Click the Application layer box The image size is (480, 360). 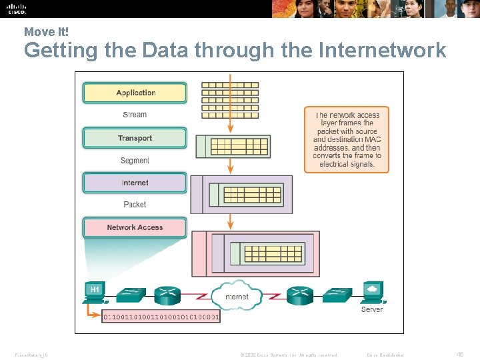(x=135, y=93)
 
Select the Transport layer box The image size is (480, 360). (x=135, y=138)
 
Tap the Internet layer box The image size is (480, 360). (x=135, y=183)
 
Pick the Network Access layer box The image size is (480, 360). (x=135, y=227)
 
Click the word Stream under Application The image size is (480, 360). (x=135, y=115)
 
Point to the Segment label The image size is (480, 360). (x=135, y=160)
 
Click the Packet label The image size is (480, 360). (x=135, y=205)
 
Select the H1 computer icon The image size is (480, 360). (x=95, y=291)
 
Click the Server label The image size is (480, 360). (x=372, y=309)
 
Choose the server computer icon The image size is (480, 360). (x=372, y=291)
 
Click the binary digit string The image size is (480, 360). (x=161, y=317)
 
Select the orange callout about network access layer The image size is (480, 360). (x=347, y=139)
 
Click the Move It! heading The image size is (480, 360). (x=46, y=31)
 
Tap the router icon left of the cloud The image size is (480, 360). (x=167, y=295)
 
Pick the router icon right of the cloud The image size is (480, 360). (x=300, y=295)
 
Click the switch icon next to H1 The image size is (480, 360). (x=129, y=294)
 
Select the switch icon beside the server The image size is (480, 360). (x=337, y=294)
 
